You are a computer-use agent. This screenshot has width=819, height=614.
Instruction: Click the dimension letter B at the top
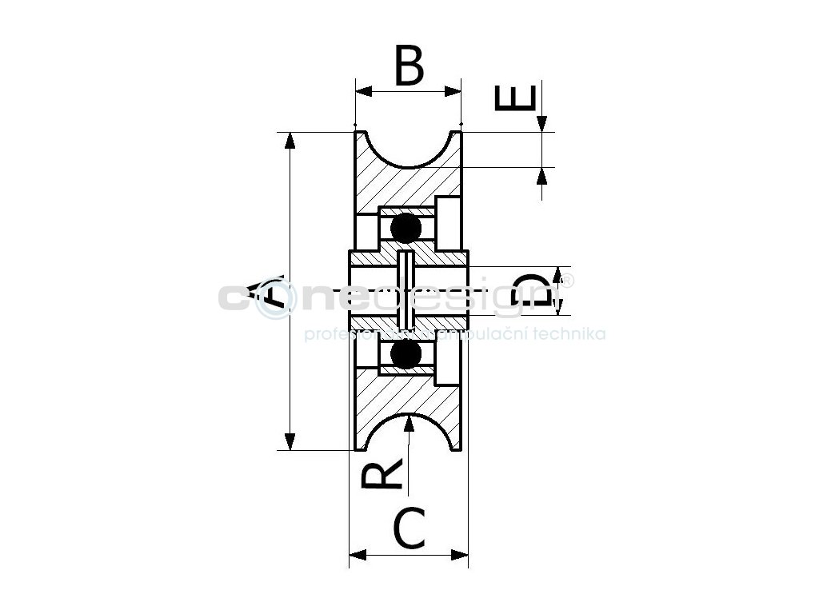(x=409, y=66)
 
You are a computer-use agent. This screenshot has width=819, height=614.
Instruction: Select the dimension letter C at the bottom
(x=409, y=529)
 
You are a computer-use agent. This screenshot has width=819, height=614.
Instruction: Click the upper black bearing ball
(x=406, y=229)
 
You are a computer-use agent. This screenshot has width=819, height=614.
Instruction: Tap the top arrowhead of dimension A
(x=290, y=141)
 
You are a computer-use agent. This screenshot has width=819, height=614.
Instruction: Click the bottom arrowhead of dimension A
(x=290, y=441)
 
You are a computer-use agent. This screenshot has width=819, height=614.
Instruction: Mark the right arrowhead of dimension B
(x=453, y=91)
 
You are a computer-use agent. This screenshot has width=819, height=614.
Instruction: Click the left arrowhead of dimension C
(x=359, y=554)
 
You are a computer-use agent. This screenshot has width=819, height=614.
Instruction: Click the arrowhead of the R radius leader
(x=409, y=423)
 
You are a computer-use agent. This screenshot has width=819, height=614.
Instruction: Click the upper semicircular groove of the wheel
(x=409, y=150)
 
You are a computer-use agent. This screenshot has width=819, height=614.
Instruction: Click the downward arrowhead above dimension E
(x=542, y=122)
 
